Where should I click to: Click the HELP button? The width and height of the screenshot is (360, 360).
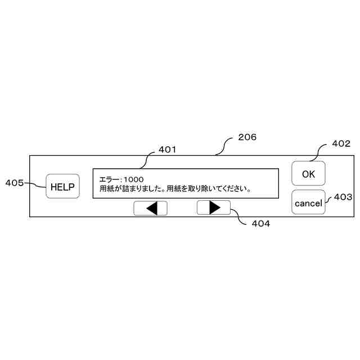pyautogui.click(x=62, y=187)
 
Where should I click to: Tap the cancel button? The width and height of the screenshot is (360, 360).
pyautogui.click(x=308, y=202)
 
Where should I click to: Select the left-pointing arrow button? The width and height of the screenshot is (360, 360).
pyautogui.click(x=150, y=208)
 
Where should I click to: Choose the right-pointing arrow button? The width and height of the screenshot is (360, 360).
pyautogui.click(x=214, y=208)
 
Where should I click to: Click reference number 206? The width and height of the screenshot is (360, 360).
pyautogui.click(x=247, y=137)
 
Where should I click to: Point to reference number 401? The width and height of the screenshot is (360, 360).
pyautogui.click(x=167, y=150)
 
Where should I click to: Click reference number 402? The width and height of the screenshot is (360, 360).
pyautogui.click(x=341, y=143)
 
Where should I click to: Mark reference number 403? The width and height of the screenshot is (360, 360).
pyautogui.click(x=343, y=197)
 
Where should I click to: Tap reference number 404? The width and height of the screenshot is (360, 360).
pyautogui.click(x=260, y=223)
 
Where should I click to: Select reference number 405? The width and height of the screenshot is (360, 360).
pyautogui.click(x=14, y=182)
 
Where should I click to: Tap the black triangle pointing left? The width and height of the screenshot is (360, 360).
pyautogui.click(x=151, y=208)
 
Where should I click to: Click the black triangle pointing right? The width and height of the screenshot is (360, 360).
pyautogui.click(x=214, y=208)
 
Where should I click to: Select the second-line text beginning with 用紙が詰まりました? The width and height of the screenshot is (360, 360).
pyautogui.click(x=175, y=189)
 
